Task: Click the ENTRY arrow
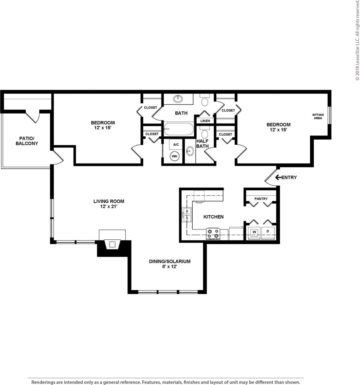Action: tap(278, 177)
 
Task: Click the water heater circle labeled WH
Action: tap(175, 156)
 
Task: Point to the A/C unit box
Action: tap(176, 144)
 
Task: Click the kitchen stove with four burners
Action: tap(213, 234)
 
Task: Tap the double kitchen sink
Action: tap(187, 215)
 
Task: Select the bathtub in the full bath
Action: tap(178, 129)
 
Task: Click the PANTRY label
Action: tap(261, 199)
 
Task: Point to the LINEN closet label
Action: tap(205, 121)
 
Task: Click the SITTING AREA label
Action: tap(318, 116)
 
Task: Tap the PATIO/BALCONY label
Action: tap(27, 141)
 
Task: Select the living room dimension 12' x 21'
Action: tap(109, 207)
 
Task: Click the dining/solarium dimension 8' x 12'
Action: tap(170, 267)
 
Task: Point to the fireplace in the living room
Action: tap(112, 244)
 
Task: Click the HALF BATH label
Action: tap(203, 143)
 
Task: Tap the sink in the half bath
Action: tap(190, 151)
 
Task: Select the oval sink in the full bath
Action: tap(178, 99)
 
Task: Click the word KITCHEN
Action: tap(213, 217)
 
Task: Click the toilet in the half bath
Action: tap(204, 134)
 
